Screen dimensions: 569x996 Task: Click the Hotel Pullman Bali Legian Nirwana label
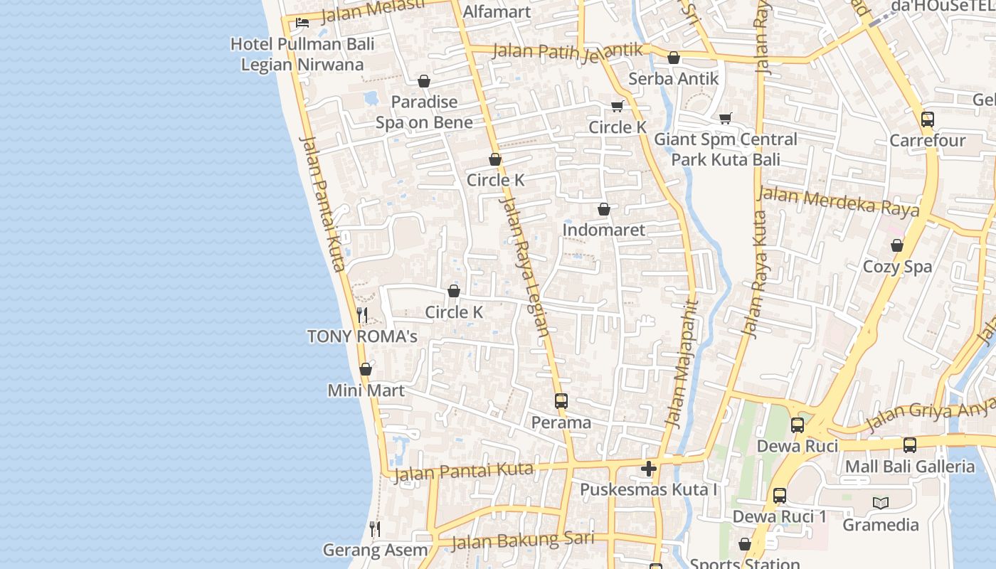pos(302,54)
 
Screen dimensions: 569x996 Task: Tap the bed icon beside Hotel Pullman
pos(302,22)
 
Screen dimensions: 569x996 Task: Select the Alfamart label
pos(497,11)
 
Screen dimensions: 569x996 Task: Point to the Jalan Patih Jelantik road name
pos(567,50)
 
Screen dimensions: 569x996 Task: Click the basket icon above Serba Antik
pos(673,58)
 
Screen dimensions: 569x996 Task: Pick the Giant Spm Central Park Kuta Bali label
pos(726,149)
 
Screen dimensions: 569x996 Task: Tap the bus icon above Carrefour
pos(928,119)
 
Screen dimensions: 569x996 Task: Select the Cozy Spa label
pos(896,267)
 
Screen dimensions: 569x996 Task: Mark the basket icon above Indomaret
pos(603,209)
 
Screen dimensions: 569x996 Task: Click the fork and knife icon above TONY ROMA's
pos(362,315)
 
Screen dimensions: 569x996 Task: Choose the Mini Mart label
pos(366,390)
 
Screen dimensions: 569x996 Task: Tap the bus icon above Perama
pos(561,401)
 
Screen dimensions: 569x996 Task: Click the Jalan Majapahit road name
pos(682,363)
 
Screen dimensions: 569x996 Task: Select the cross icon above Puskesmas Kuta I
pos(648,469)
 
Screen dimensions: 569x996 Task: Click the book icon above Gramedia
pos(881,503)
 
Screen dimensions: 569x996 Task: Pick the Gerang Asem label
pos(375,550)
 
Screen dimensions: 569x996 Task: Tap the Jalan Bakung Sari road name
pos(522,541)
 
